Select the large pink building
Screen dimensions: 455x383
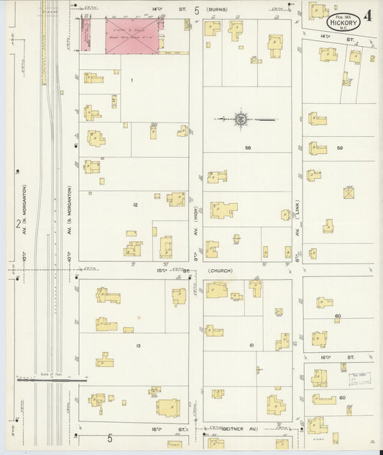(x=133, y=36)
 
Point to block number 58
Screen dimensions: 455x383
(x=246, y=148)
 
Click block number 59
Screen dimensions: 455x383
(x=340, y=148)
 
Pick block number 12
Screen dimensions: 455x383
(x=134, y=205)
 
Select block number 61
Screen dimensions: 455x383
(x=252, y=346)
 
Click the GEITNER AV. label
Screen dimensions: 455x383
(x=231, y=428)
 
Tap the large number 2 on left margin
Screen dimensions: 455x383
(x=17, y=224)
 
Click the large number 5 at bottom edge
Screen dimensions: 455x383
(x=110, y=438)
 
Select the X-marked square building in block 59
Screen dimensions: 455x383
(x=349, y=193)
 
